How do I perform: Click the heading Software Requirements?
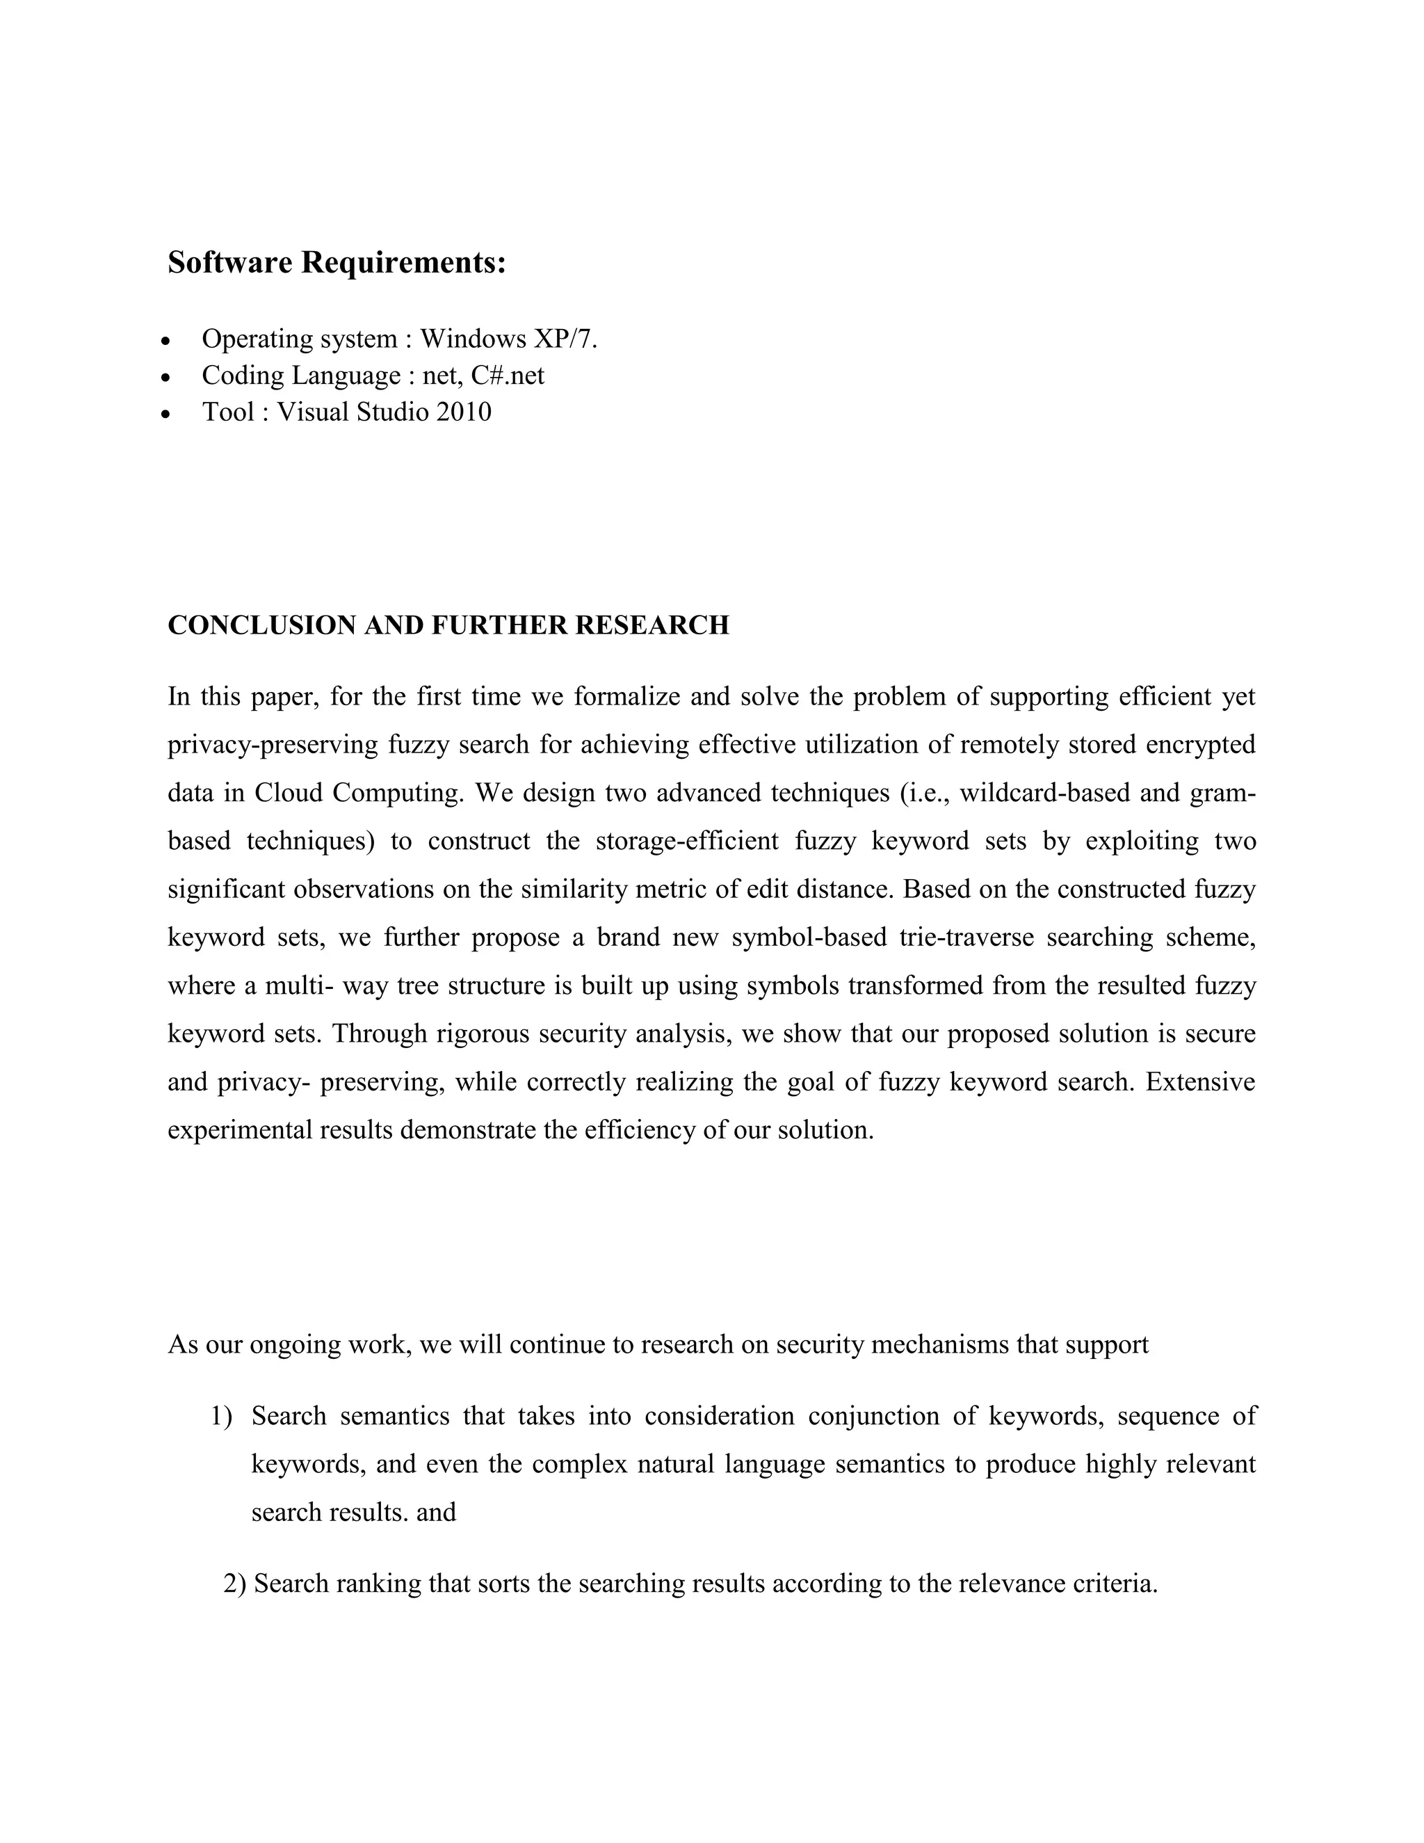(x=337, y=262)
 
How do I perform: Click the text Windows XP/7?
(x=509, y=339)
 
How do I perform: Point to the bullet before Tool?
(x=166, y=415)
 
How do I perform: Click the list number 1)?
(x=220, y=1416)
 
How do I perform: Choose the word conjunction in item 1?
(x=873, y=1416)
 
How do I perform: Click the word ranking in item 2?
(x=378, y=1584)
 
